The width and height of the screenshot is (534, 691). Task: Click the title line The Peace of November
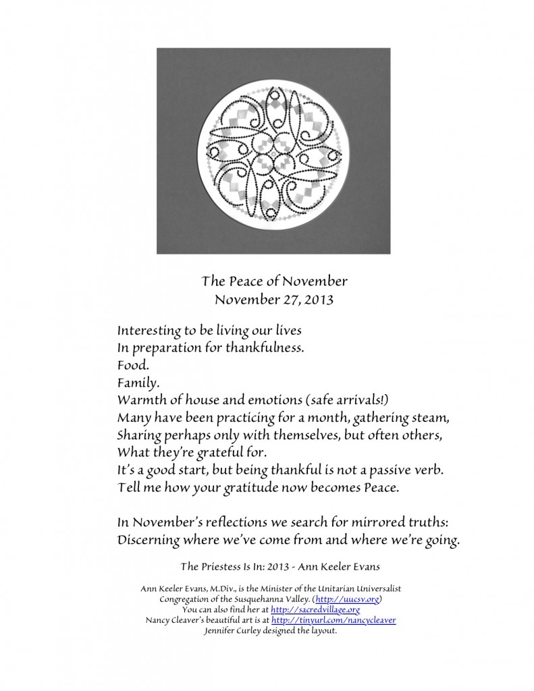(x=266, y=280)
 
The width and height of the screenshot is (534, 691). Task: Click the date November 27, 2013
(x=266, y=298)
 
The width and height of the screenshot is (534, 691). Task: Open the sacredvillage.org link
(x=315, y=609)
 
